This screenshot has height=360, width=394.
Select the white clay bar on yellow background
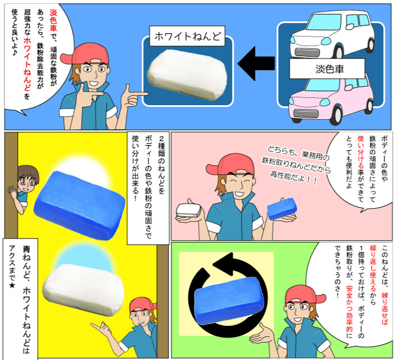pos(84,284)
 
